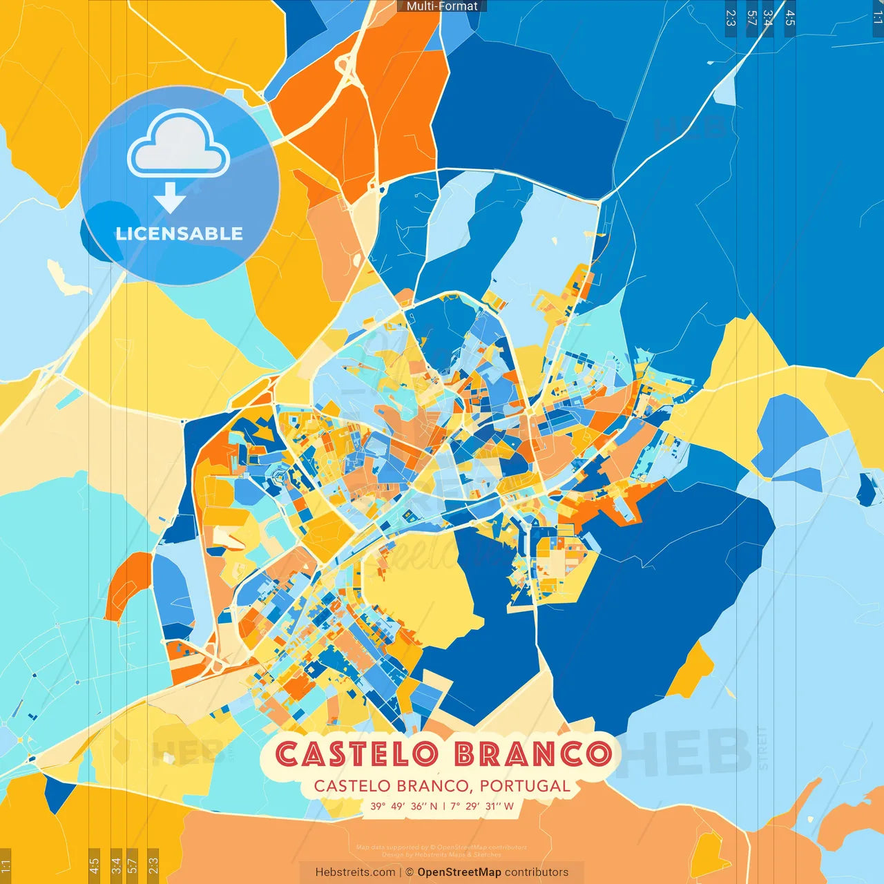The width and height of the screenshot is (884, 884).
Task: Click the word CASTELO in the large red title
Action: [x=357, y=754]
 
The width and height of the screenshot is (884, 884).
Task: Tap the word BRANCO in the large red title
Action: [x=533, y=754]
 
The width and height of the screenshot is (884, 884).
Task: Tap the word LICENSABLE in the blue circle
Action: [x=180, y=233]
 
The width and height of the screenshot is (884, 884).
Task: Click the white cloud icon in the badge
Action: [x=179, y=144]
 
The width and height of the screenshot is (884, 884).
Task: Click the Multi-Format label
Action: [x=442, y=6]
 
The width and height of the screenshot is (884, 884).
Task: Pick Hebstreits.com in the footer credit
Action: [x=356, y=872]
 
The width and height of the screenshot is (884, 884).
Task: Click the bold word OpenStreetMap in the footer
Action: [x=459, y=872]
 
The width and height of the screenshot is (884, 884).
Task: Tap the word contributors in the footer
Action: [x=537, y=872]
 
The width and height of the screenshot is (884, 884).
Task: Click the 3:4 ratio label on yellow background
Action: [x=116, y=864]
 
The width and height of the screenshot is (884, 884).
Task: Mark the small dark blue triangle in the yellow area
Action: [x=57, y=793]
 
